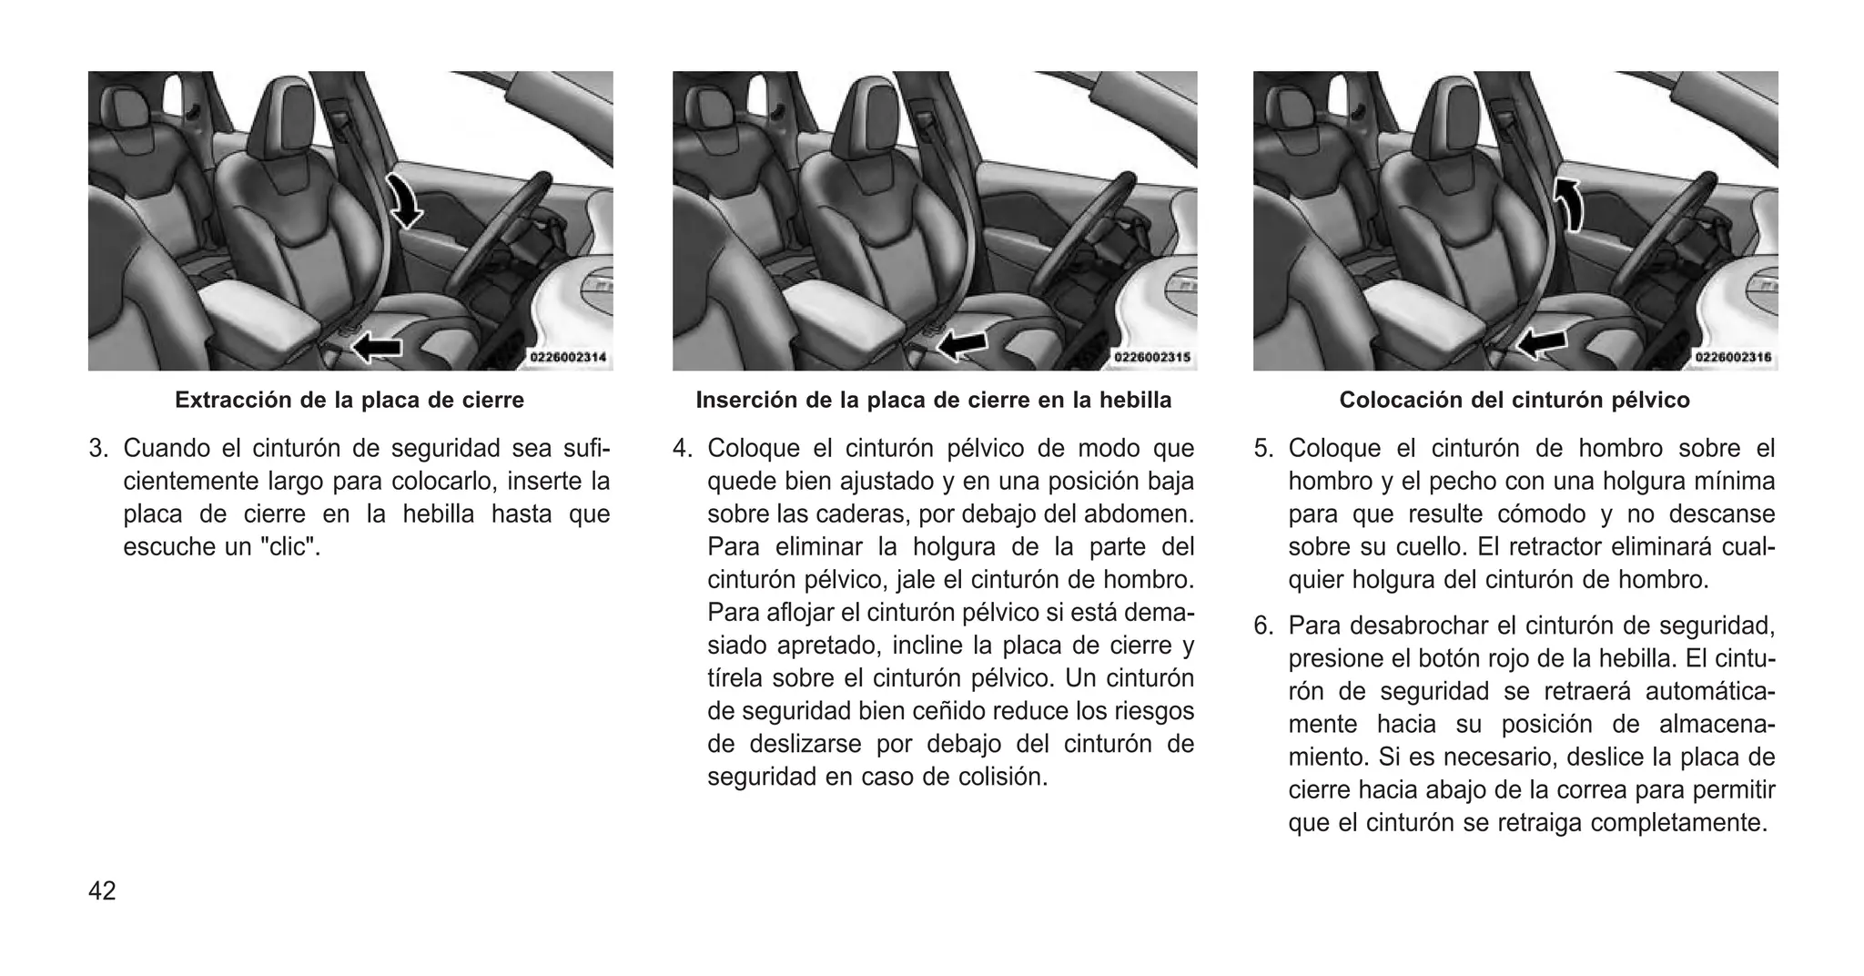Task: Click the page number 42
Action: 102,890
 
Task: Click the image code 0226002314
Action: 568,358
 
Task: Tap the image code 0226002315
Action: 1152,358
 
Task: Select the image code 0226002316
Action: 1733,358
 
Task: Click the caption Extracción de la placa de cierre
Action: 349,400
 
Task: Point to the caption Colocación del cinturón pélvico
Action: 1514,400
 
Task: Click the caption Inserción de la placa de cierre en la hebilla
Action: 934,400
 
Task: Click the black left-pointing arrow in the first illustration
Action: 377,345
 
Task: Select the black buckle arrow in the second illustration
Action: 963,344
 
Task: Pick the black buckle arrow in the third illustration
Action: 1542,343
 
